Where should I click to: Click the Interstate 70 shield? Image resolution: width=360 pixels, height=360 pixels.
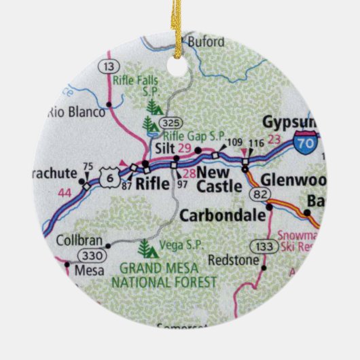(305, 143)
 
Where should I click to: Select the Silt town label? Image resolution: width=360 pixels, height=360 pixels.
(165, 148)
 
